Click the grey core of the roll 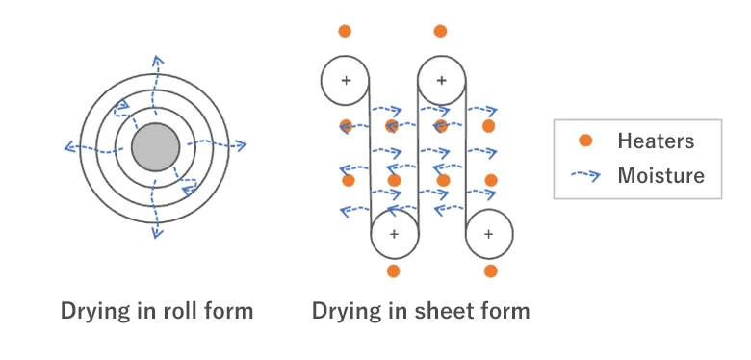click(x=154, y=147)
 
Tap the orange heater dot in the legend click(x=584, y=141)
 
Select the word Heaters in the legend click(x=656, y=141)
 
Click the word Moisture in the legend click(x=660, y=175)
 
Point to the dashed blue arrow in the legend click(x=584, y=175)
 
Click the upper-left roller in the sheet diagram click(x=346, y=79)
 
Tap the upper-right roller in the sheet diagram click(x=441, y=79)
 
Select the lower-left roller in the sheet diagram click(x=394, y=234)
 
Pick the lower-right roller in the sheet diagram click(x=489, y=234)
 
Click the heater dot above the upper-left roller click(x=346, y=31)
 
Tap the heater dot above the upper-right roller click(x=441, y=31)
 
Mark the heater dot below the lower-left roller click(x=393, y=271)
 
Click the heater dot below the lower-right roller click(x=490, y=271)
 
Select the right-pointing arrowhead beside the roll click(x=241, y=146)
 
